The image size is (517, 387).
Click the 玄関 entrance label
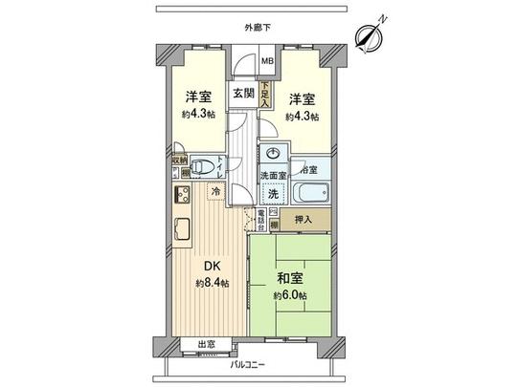242,93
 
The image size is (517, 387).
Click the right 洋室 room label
303,97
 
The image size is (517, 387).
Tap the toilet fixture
201,164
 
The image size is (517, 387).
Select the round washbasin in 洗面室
275,155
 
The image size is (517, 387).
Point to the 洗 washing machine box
273,194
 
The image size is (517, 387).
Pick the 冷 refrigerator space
216,191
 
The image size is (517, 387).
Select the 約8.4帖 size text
213,284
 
